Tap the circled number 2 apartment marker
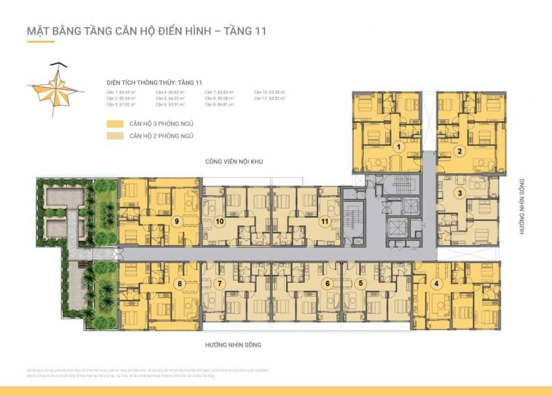pyautogui.click(x=459, y=151)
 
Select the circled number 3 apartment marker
pyautogui.click(x=460, y=193)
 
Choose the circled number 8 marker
pyautogui.click(x=179, y=283)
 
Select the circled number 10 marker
pyautogui.click(x=220, y=221)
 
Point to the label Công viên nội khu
pyautogui.click(x=233, y=162)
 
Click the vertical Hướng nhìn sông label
pyautogui.click(x=522, y=206)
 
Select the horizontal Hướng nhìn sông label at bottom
pyautogui.click(x=233, y=344)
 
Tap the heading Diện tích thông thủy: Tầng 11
pyautogui.click(x=154, y=82)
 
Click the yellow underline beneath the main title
pyautogui.click(x=40, y=41)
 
